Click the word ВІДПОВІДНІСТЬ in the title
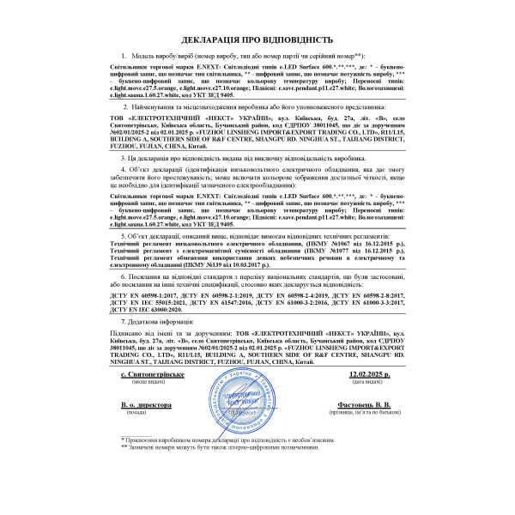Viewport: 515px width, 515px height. coord(301,40)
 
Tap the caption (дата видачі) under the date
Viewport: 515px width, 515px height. coord(370,382)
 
